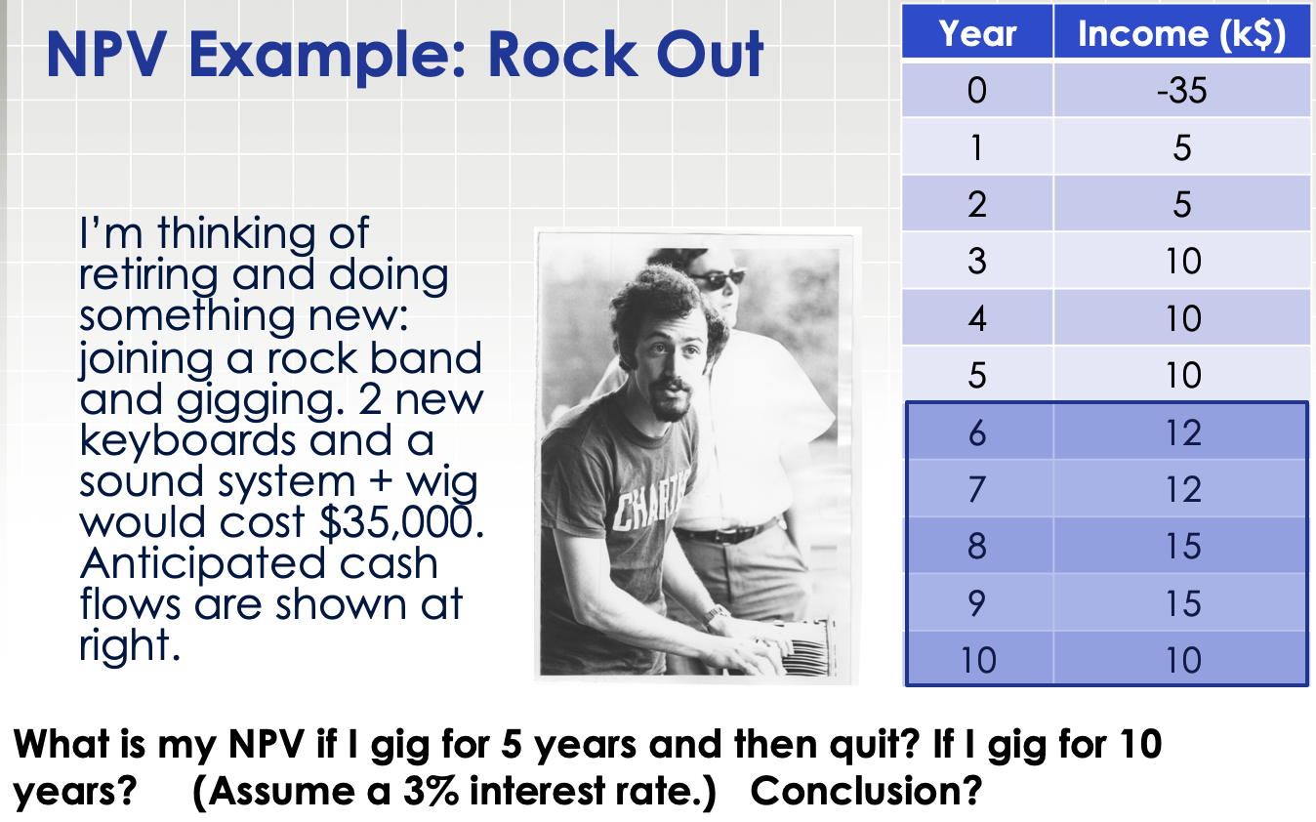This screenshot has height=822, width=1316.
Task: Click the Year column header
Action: [x=977, y=34]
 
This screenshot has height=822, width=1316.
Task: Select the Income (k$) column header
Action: [x=1181, y=34]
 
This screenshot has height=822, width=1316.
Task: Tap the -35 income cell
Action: [x=1182, y=91]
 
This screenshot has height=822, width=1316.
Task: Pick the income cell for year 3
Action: [x=1182, y=262]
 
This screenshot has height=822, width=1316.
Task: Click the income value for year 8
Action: [x=1182, y=546]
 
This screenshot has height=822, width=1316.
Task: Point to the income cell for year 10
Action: [x=1182, y=661]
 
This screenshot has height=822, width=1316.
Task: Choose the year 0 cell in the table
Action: [x=977, y=91]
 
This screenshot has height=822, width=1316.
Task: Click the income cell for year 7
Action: [x=1182, y=489]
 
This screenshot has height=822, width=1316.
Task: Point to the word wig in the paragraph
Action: [x=441, y=482]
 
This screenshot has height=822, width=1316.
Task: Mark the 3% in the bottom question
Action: [x=432, y=789]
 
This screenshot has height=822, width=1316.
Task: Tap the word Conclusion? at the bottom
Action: [x=865, y=789]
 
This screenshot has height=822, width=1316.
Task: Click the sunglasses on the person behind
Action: [x=720, y=278]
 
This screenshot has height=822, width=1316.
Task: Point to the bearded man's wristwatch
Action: [x=715, y=615]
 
